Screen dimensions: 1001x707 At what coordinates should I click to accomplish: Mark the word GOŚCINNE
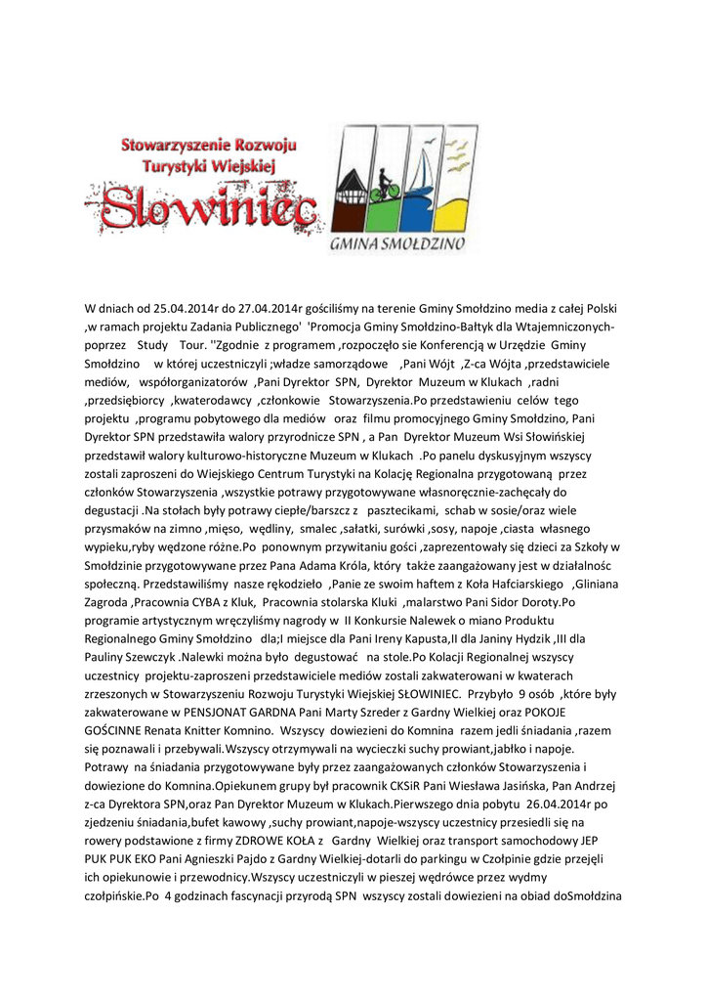pos(115,730)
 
